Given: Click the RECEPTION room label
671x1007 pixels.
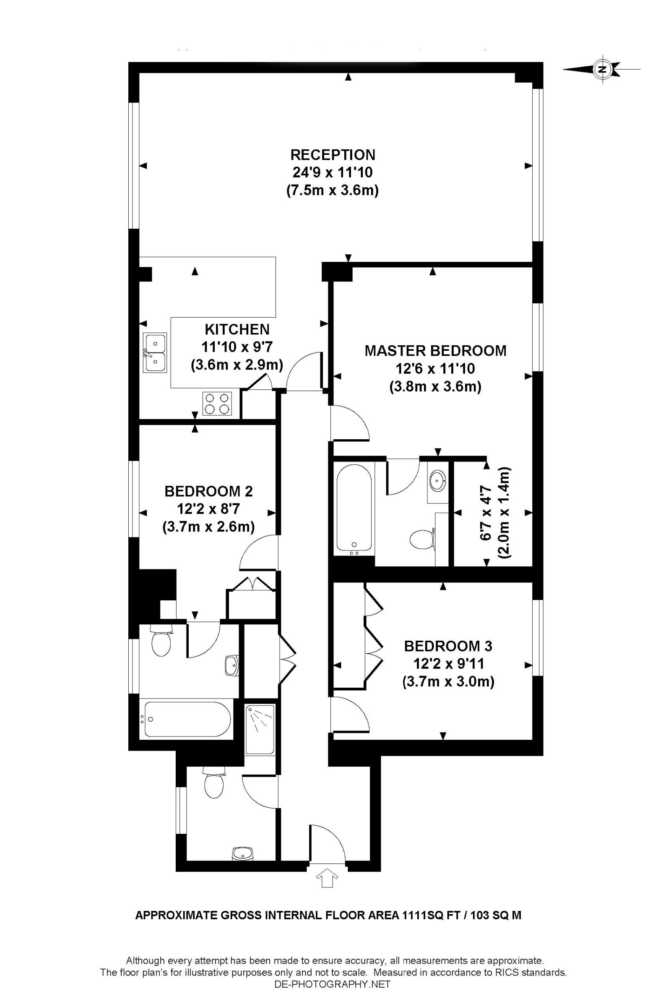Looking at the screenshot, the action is click(x=333, y=154).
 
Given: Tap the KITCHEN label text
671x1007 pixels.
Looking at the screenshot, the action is click(x=237, y=329).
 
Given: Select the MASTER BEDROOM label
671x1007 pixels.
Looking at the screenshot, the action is click(x=435, y=351).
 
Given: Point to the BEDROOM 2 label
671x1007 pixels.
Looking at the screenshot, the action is click(x=209, y=491).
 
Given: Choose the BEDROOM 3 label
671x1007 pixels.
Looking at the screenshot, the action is click(x=448, y=646).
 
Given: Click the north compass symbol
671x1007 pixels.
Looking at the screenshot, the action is click(x=602, y=69).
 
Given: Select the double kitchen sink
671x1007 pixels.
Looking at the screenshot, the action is click(x=155, y=352).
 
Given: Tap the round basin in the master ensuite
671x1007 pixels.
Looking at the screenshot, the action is click(x=437, y=481).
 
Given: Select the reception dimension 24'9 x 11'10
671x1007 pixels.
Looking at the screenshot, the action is click(x=333, y=172).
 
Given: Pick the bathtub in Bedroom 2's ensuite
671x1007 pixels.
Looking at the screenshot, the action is click(x=188, y=724).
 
